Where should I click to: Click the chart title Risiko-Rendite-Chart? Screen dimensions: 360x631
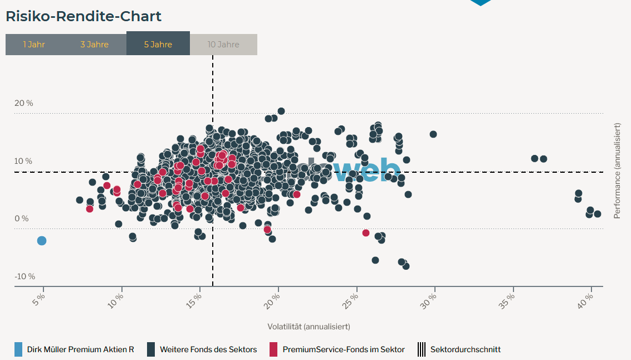84,16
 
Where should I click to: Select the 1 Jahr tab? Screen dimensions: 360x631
34,45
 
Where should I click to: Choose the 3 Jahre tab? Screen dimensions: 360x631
94,45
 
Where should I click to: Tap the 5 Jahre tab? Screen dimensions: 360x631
158,45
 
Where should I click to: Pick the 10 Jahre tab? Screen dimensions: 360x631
223,45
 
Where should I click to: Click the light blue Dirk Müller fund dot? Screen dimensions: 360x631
42,241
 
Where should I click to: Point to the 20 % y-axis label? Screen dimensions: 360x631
24,103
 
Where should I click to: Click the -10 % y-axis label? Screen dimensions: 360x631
24,276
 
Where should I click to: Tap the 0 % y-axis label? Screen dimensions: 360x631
21,218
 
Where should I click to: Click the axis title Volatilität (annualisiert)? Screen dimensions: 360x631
309,327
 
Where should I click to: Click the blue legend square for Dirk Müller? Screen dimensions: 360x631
18,349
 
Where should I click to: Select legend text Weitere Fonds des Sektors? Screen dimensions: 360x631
208,349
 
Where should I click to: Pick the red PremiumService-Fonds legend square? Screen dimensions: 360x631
273,349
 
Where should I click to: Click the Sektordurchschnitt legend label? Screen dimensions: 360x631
465,349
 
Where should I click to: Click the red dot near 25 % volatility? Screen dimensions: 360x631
366,233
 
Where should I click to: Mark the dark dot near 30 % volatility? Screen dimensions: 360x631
433,134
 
